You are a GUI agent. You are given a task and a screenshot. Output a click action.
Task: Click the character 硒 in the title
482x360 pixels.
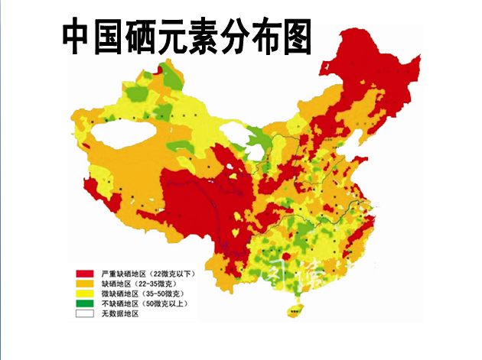click(133, 37)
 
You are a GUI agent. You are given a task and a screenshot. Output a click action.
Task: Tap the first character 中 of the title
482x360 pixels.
click(77, 37)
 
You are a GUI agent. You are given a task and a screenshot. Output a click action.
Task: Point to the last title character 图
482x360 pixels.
click(295, 37)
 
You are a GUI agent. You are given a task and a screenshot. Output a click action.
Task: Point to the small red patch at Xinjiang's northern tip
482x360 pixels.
click(159, 70)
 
